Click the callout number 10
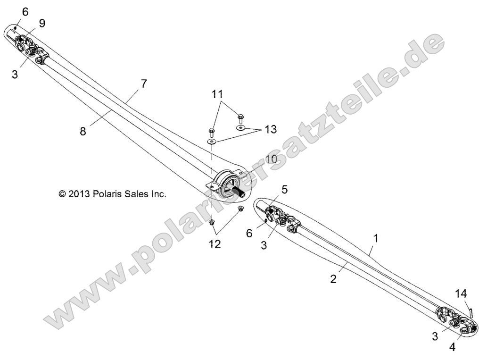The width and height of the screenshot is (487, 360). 271,159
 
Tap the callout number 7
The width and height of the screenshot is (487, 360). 144,84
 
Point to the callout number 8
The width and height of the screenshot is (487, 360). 83,132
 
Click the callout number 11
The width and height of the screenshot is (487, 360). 217,94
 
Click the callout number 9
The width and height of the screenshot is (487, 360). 42,23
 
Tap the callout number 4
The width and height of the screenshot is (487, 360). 452,347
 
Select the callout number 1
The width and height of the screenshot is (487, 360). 376,238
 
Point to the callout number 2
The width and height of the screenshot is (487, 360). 333,278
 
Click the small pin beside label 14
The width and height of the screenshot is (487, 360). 470,311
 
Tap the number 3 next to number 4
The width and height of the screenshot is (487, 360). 435,336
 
